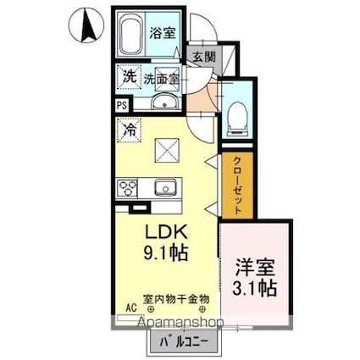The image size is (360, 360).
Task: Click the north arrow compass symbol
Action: (x=86, y=26)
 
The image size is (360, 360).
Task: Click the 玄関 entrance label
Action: (x=202, y=57)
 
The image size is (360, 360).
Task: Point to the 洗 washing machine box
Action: (x=128, y=75)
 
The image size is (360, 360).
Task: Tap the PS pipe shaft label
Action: (x=121, y=106)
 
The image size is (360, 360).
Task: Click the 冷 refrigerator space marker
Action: (x=130, y=131)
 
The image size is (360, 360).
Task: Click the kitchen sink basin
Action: (x=163, y=187)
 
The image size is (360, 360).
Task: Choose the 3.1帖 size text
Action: (x=256, y=288)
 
